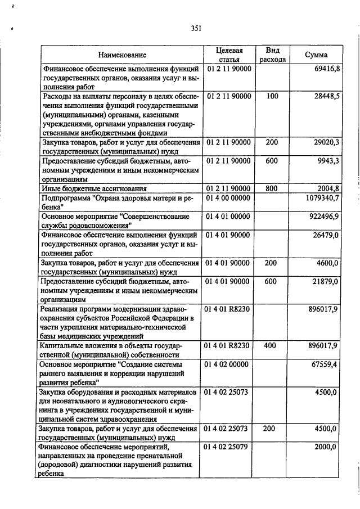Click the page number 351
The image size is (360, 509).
[x=196, y=28]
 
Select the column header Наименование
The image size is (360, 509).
[x=122, y=55]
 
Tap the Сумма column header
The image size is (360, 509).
[x=316, y=55]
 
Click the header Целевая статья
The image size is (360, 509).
[x=229, y=55]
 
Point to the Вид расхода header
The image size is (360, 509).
[x=273, y=55]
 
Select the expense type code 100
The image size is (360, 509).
[x=272, y=96]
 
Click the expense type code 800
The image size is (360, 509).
[x=272, y=188]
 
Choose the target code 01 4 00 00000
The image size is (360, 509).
[x=229, y=199]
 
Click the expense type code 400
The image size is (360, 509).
[x=272, y=345]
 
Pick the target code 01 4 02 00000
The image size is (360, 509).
[x=229, y=364]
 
